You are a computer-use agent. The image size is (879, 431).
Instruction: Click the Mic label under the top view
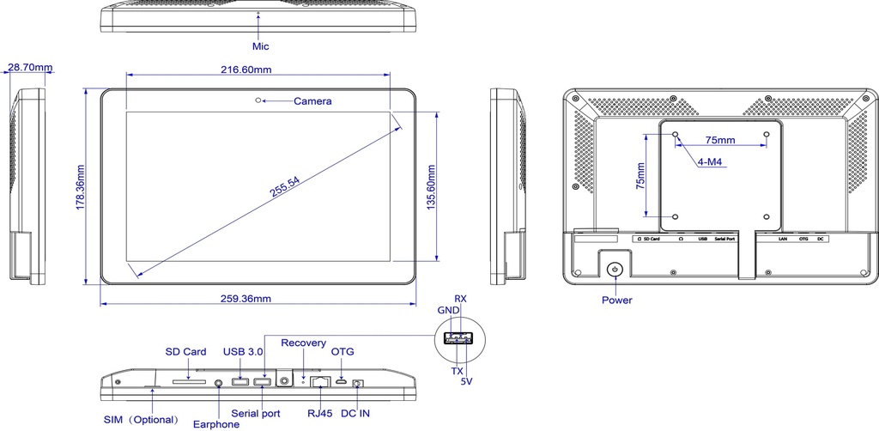260,46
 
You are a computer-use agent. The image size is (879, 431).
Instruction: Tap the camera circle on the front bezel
258,100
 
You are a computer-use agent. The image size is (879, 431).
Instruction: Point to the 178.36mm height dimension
80,186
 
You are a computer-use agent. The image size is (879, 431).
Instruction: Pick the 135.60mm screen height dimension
431,186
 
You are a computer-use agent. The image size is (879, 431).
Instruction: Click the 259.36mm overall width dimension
246,299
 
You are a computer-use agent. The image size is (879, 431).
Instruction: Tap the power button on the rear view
615,270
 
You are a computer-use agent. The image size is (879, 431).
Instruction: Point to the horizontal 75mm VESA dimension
719,139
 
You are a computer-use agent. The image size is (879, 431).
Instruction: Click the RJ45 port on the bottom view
322,381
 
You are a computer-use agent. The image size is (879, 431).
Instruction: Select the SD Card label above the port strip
185,352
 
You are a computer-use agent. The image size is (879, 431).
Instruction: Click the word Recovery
303,343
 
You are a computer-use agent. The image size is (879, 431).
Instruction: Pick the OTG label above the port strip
343,352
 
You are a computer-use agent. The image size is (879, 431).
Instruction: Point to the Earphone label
215,424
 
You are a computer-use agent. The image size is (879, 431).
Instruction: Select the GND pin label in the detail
448,310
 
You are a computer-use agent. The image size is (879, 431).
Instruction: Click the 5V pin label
467,380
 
